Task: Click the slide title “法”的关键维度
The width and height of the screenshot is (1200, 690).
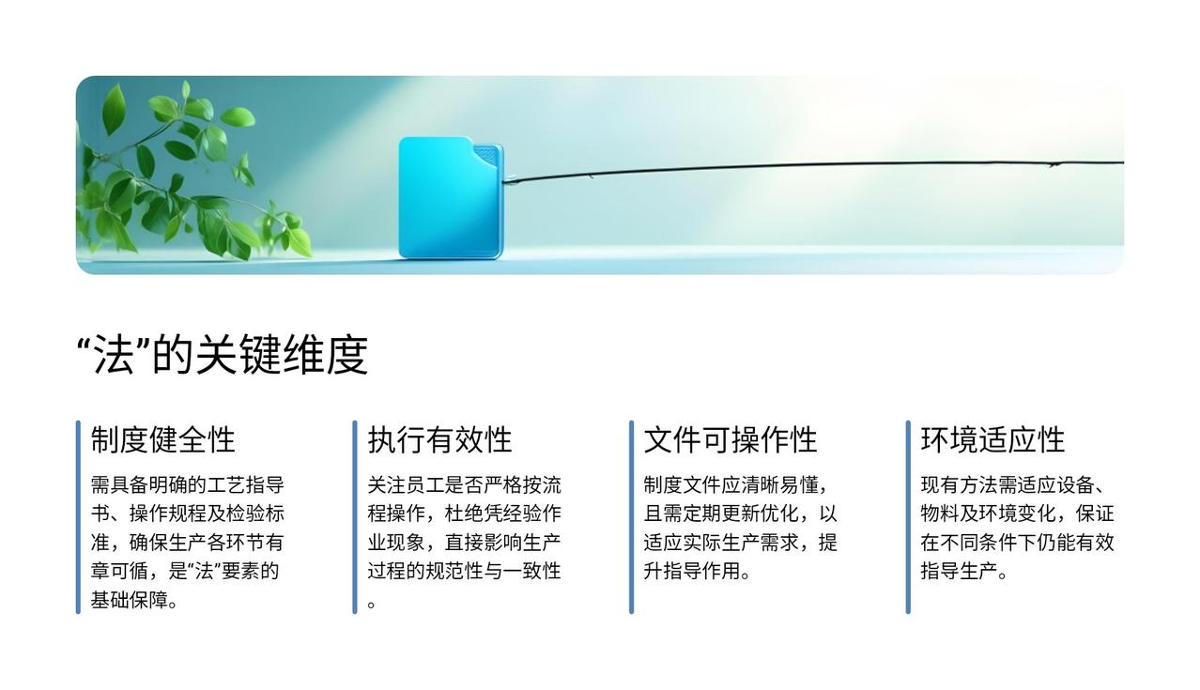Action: [x=223, y=355]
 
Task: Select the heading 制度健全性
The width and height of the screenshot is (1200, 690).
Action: [x=162, y=440]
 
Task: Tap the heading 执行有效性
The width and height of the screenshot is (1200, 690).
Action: [x=439, y=440]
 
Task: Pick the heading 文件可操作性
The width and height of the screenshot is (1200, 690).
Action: [x=731, y=440]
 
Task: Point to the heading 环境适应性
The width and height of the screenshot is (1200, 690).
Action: [x=992, y=440]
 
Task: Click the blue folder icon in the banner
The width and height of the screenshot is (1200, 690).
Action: [x=451, y=198]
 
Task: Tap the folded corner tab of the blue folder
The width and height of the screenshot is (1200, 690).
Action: [x=487, y=155]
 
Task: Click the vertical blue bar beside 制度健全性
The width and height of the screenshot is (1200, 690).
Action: [x=78, y=517]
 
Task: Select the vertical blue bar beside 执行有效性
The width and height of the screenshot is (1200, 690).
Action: [x=355, y=517]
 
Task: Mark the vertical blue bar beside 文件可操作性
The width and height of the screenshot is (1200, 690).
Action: [x=631, y=517]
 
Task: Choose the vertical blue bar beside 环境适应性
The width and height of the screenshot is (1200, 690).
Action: [x=908, y=517]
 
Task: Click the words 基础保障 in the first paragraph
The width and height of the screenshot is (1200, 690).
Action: [x=129, y=600]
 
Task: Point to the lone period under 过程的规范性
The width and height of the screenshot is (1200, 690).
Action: [x=371, y=605]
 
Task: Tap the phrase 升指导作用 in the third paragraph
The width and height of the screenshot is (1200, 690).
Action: [x=692, y=571]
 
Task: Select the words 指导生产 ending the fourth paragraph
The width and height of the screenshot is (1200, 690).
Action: [x=959, y=571]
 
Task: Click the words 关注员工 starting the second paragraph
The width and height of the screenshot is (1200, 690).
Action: [x=406, y=485]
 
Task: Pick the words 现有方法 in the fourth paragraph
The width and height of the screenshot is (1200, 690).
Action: [x=960, y=485]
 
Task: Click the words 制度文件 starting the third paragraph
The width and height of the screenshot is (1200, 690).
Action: [x=683, y=485]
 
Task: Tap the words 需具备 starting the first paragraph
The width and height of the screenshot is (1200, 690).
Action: [x=119, y=485]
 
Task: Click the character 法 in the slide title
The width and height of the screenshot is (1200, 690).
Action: [x=114, y=355]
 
